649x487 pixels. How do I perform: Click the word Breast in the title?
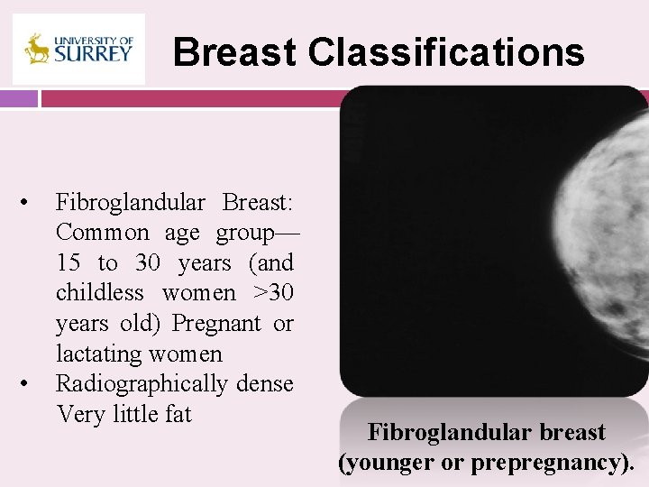(x=234, y=52)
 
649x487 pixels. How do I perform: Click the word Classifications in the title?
(x=446, y=52)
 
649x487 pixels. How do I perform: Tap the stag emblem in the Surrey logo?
(x=37, y=49)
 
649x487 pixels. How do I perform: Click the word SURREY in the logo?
(x=94, y=53)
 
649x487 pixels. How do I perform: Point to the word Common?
(x=103, y=233)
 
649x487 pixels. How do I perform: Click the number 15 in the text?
(x=68, y=262)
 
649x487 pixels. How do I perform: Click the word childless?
(x=99, y=293)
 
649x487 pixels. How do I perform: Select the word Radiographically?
(x=142, y=383)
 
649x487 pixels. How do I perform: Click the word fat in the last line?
(x=177, y=414)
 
